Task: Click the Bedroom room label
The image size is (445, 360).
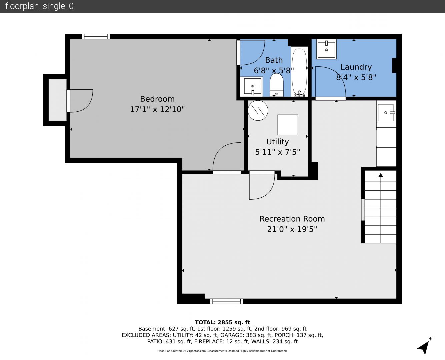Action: click(x=157, y=99)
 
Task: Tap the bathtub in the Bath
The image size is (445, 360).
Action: click(x=299, y=72)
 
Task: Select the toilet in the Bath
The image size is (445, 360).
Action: click(x=276, y=85)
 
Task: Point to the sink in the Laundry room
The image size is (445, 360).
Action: click(x=326, y=49)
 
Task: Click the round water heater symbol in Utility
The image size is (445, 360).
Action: click(x=258, y=111)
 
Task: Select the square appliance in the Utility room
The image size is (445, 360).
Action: click(x=288, y=125)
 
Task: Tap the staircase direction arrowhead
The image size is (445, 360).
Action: click(x=381, y=175)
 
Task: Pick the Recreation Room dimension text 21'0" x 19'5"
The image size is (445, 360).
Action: click(x=292, y=229)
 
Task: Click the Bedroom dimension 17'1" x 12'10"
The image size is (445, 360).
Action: click(x=157, y=109)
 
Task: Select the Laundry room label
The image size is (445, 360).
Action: click(x=356, y=67)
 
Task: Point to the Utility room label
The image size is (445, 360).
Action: click(x=277, y=142)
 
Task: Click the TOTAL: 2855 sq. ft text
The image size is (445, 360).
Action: click(x=222, y=322)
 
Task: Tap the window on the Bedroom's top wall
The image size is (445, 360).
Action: click(x=96, y=36)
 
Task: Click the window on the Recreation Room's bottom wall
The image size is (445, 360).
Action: click(x=226, y=301)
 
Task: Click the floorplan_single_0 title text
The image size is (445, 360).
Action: click(x=39, y=6)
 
